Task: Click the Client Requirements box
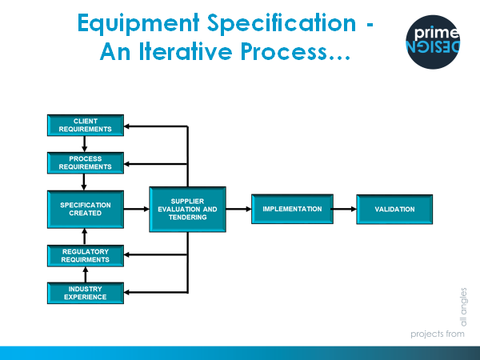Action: pyautogui.click(x=86, y=126)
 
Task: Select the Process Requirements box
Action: pyautogui.click(x=86, y=163)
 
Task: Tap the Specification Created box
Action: pyautogui.click(x=86, y=210)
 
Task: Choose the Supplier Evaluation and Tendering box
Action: pyautogui.click(x=188, y=210)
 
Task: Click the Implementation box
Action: pyautogui.click(x=292, y=209)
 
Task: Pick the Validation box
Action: pyautogui.click(x=394, y=210)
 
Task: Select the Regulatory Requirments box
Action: pyautogui.click(x=86, y=256)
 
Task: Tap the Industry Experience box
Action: pyautogui.click(x=86, y=294)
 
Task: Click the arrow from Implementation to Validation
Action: pyautogui.click(x=345, y=209)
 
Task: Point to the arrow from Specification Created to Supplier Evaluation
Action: pyautogui.click(x=137, y=209)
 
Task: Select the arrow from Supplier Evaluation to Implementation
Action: pyautogui.click(x=238, y=209)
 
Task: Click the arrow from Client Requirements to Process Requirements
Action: pyautogui.click(x=85, y=144)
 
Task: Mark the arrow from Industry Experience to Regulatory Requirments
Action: pyautogui.click(x=86, y=274)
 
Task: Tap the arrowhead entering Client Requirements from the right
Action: pyautogui.click(x=126, y=126)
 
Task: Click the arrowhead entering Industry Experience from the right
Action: pyautogui.click(x=126, y=293)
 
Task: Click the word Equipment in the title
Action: pyautogui.click(x=138, y=23)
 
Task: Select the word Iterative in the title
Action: pyautogui.click(x=186, y=51)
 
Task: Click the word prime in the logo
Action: pyautogui.click(x=436, y=33)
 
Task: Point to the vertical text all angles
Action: pyautogui.click(x=464, y=307)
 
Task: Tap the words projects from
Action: pyautogui.click(x=438, y=334)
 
